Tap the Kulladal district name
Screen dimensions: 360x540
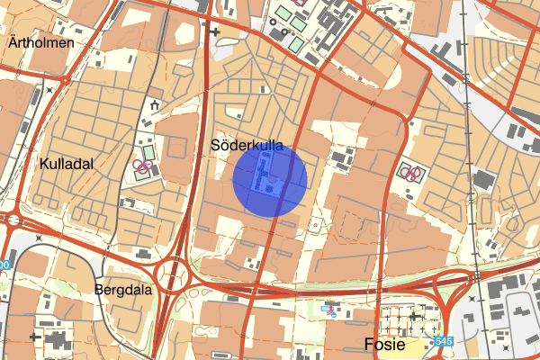(x=67, y=163)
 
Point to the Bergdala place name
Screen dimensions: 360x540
(x=122, y=290)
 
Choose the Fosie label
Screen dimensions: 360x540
(x=392, y=344)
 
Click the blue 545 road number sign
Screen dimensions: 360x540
(x=443, y=342)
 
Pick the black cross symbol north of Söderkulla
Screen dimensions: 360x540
(x=214, y=31)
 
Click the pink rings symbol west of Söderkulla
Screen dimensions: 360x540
(x=140, y=166)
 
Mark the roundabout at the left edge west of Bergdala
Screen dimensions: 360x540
(x=11, y=219)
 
